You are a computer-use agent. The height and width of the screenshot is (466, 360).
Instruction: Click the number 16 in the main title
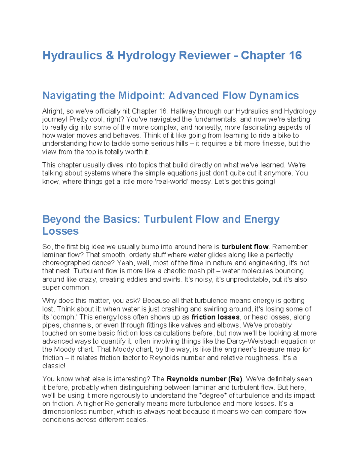[295, 56]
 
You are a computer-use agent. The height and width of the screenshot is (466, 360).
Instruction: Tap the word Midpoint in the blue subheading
[142, 96]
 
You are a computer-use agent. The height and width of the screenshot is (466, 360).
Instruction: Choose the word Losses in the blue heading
[60, 231]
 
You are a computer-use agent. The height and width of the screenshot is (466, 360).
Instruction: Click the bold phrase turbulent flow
[245, 247]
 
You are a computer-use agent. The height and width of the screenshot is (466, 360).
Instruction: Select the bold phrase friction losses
[215, 317]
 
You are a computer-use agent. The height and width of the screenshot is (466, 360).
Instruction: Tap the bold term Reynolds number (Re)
[204, 379]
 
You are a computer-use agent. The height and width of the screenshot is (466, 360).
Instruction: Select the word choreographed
[64, 263]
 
